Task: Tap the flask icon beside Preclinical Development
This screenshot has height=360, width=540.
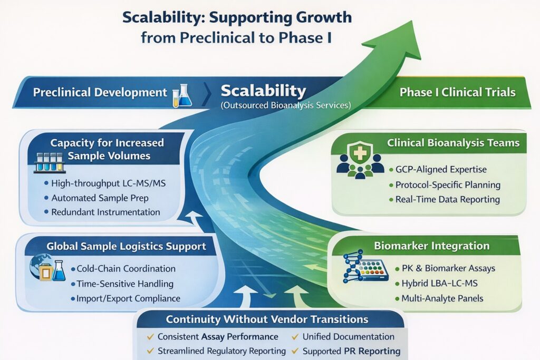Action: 182,95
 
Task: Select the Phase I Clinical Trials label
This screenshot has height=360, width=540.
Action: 457,92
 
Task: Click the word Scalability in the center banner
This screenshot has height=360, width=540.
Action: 263,90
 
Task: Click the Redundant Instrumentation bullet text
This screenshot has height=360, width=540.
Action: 105,212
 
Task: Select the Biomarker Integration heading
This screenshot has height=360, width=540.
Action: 431,246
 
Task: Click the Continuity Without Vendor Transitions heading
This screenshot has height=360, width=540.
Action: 267,319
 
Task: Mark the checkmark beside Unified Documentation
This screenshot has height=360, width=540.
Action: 295,336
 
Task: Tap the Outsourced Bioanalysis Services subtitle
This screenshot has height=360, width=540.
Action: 285,105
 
